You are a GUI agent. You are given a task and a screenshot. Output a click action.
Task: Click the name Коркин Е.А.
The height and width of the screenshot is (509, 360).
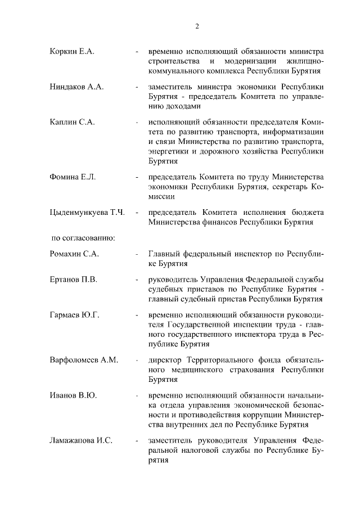71,52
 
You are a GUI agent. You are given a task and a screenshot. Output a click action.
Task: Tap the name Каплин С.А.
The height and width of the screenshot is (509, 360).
72,122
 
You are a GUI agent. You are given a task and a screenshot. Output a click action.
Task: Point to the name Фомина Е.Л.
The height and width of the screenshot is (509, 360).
73,177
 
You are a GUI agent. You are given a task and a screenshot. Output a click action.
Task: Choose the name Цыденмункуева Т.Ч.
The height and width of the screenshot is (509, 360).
87,213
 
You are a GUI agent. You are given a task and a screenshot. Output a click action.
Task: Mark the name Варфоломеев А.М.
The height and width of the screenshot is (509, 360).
83,359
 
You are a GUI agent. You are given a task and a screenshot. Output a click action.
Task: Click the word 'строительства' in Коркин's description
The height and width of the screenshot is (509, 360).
171,61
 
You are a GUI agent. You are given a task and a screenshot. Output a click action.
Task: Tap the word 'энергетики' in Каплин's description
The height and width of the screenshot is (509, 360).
168,151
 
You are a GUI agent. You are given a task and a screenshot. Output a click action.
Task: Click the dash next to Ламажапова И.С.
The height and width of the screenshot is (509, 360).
137,440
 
